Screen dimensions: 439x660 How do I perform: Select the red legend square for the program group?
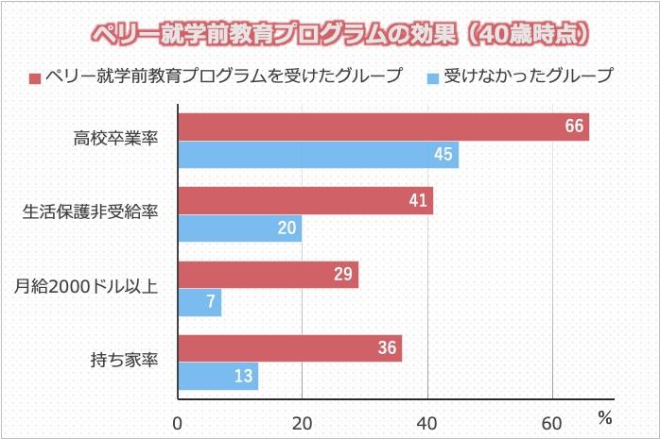click(35, 76)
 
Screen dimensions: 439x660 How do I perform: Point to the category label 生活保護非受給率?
click(89, 213)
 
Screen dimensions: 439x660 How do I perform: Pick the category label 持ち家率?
click(123, 361)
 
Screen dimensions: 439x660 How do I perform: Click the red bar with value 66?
click(383, 127)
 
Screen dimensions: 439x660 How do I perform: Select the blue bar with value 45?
click(318, 155)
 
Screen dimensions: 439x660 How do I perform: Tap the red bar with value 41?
click(305, 200)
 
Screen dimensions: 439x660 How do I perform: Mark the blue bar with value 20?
click(239, 228)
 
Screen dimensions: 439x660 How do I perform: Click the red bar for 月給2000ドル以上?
click(268, 275)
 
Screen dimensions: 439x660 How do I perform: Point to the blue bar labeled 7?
click(200, 303)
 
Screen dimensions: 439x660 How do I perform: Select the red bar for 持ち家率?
click(289, 348)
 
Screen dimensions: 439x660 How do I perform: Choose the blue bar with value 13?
click(217, 377)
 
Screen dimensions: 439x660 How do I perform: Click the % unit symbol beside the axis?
click(605, 415)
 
